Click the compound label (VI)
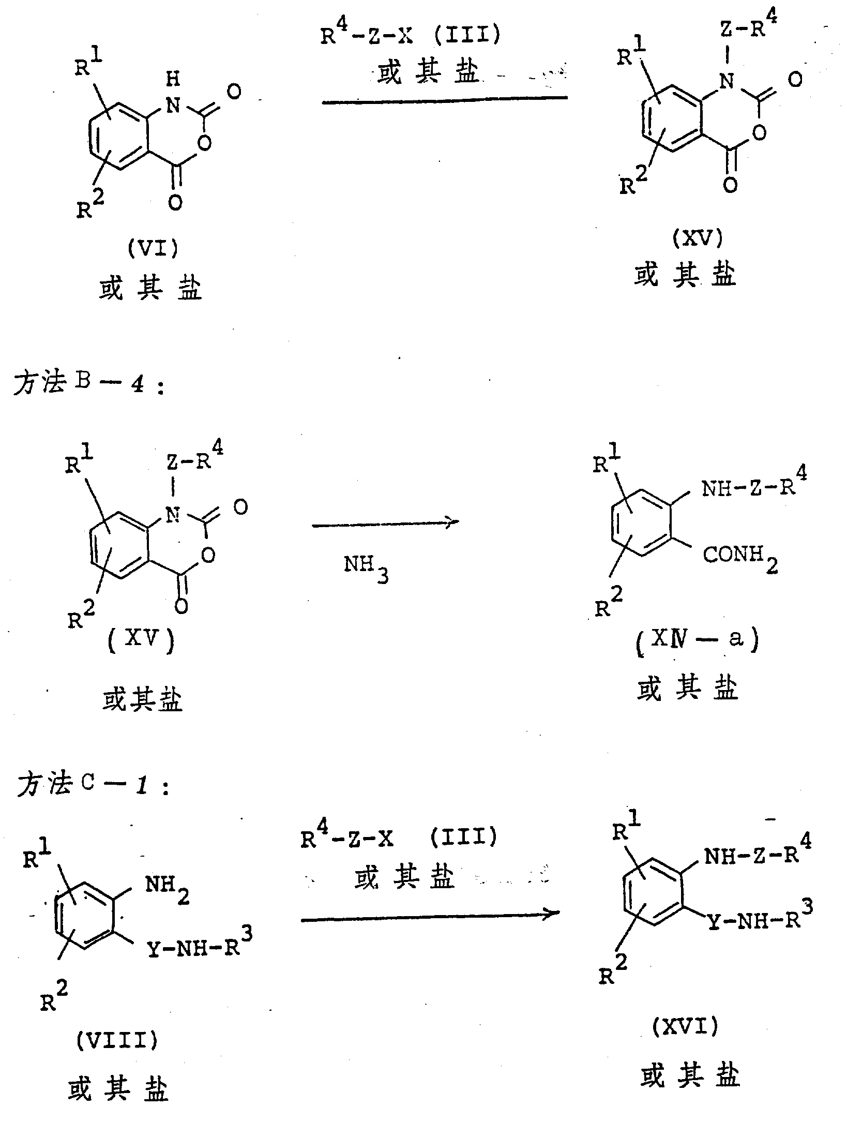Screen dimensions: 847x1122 pyautogui.click(x=153, y=249)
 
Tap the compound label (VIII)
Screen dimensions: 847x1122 pyautogui.click(x=117, y=1039)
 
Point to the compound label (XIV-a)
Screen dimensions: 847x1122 pyautogui.click(x=697, y=640)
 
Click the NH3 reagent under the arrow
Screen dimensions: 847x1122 pyautogui.click(x=366, y=569)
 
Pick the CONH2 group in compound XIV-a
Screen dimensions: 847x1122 pyautogui.click(x=739, y=558)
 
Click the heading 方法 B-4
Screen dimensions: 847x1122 pyautogui.click(x=88, y=384)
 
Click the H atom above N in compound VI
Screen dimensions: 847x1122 pyautogui.click(x=174, y=79)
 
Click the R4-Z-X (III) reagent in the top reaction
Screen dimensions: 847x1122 pyautogui.click(x=411, y=36)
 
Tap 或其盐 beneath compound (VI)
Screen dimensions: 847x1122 pyautogui.click(x=150, y=289)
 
